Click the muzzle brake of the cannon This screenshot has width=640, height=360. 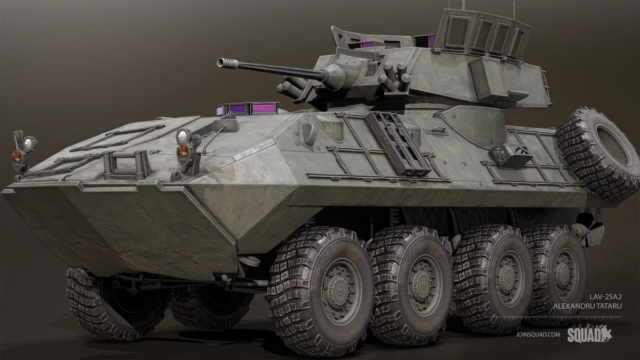pyautogui.click(x=228, y=63)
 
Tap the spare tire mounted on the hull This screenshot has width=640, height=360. pyautogui.click(x=597, y=154)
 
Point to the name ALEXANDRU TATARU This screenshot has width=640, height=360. pyautogui.click(x=587, y=306)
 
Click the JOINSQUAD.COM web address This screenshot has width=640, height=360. pyautogui.click(x=538, y=334)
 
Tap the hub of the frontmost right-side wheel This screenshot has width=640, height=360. pyautogui.click(x=341, y=291)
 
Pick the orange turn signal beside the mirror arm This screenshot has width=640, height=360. pyautogui.click(x=183, y=149)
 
